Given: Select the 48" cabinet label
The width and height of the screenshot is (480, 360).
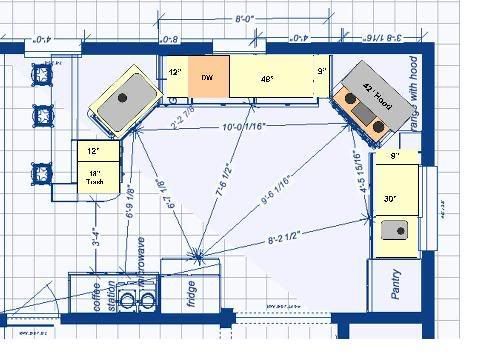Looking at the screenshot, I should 267,76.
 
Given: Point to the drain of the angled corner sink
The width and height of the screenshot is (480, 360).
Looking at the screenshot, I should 123,98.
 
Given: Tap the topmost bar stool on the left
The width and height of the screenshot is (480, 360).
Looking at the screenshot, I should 42,73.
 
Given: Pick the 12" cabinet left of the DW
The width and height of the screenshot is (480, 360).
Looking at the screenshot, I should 175,73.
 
